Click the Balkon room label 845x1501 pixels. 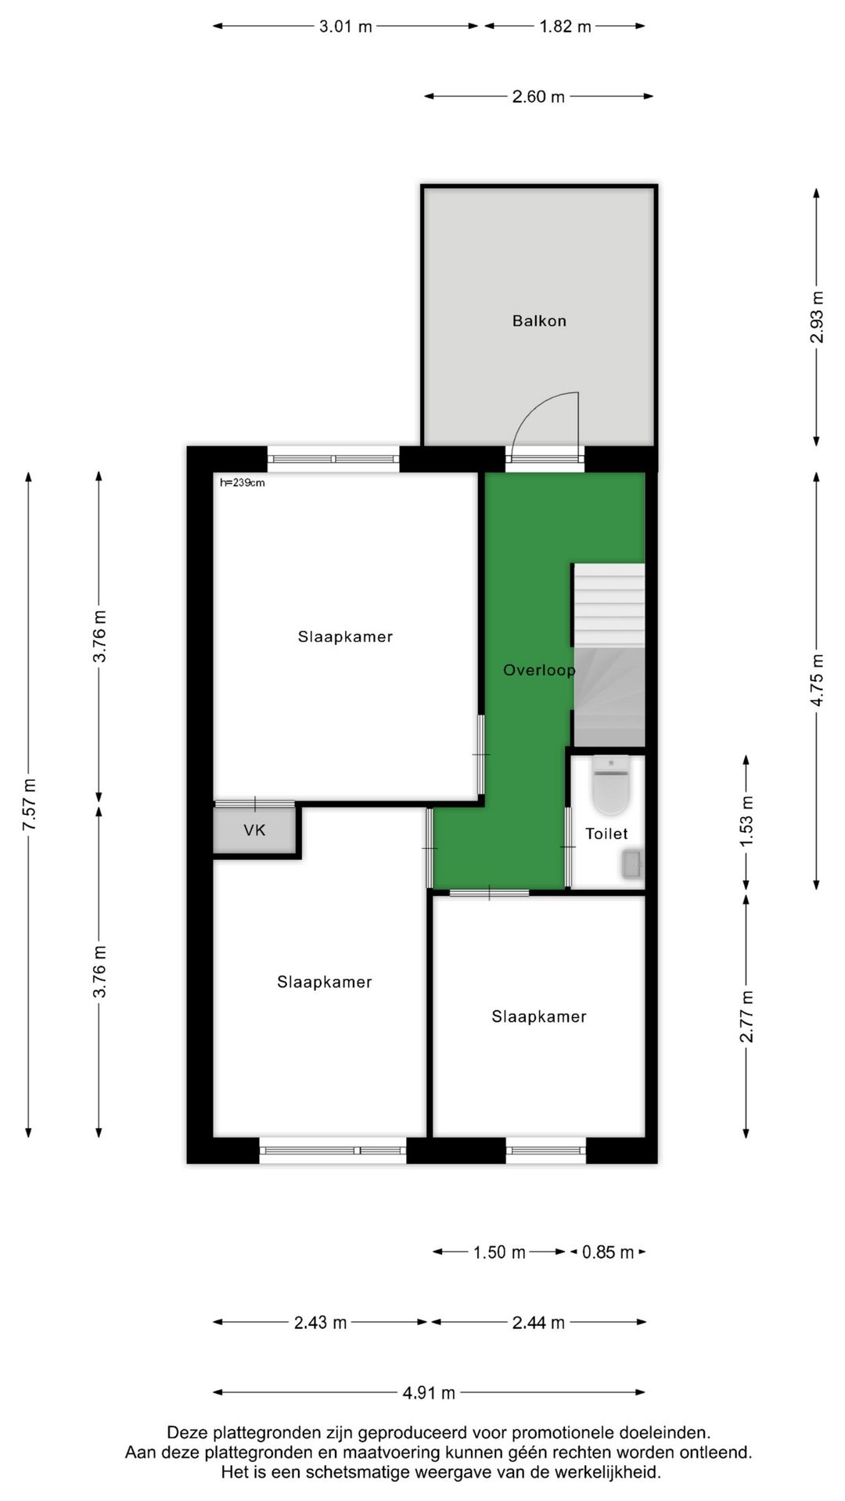click(x=539, y=321)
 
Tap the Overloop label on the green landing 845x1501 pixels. click(x=538, y=670)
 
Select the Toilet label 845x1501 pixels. click(x=606, y=833)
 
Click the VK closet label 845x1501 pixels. click(x=254, y=830)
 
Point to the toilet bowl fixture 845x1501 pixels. click(x=610, y=785)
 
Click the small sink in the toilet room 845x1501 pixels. click(x=632, y=865)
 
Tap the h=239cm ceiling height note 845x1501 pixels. click(x=243, y=483)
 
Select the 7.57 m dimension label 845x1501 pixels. click(x=29, y=805)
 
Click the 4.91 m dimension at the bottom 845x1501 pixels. click(x=429, y=1392)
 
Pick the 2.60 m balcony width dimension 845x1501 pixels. click(x=538, y=97)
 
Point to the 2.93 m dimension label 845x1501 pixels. click(x=817, y=317)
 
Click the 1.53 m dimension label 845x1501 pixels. click(x=746, y=820)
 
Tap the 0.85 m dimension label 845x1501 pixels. click(x=608, y=1252)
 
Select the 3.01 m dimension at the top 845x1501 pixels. click(x=345, y=27)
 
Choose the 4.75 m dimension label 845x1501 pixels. click(x=817, y=680)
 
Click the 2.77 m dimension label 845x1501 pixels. click(x=746, y=1016)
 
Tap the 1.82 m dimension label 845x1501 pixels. click(x=565, y=27)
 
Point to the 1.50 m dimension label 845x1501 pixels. click(x=499, y=1252)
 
